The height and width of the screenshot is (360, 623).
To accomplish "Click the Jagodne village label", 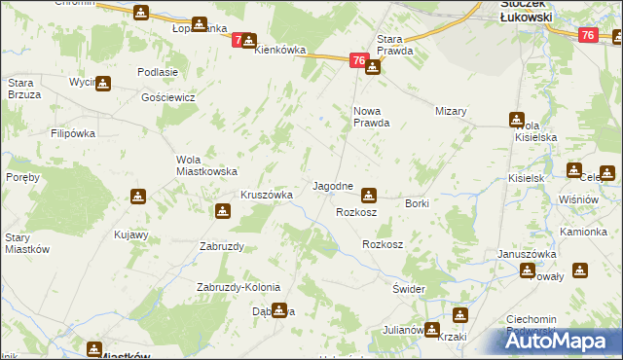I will click(x=332, y=185).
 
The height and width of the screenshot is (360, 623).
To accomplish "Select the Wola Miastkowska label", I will click(x=206, y=165).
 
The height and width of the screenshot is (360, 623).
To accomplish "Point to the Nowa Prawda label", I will click(x=370, y=117).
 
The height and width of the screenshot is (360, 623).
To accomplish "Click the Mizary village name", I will click(x=452, y=111).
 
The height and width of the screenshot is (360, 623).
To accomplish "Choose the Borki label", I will click(x=417, y=202).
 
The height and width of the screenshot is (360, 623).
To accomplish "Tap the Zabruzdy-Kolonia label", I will click(x=238, y=287).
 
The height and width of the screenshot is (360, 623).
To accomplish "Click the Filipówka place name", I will click(x=77, y=132).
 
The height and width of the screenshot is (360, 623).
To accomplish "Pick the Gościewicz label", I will click(x=168, y=98).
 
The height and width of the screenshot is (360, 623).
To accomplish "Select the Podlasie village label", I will click(x=158, y=72).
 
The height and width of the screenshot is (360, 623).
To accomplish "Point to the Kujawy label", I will click(x=130, y=234).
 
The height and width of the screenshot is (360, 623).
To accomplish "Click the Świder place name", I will click(x=409, y=290).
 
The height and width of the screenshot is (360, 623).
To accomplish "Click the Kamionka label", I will click(x=583, y=232).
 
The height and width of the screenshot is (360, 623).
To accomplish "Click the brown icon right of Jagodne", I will click(x=368, y=194).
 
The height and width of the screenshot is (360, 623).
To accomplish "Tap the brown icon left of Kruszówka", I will click(x=222, y=209).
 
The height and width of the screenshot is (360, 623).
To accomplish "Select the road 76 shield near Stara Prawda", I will click(x=358, y=61).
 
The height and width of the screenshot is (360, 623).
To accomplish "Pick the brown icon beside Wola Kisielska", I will click(x=515, y=120).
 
